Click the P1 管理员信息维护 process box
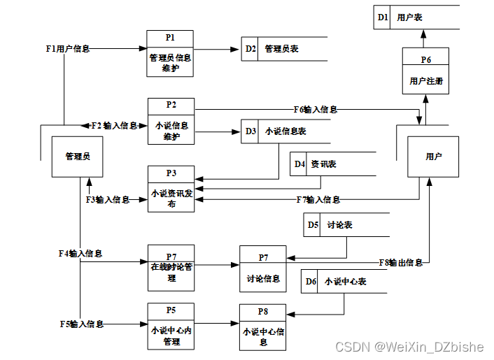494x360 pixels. tap(169, 53)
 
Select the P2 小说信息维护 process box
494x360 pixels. tap(171, 121)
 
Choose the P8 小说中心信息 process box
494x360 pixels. tap(262, 326)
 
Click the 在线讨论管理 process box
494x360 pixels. tap(171, 267)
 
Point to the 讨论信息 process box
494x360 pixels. tap(263, 268)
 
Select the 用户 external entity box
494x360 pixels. tap(433, 157)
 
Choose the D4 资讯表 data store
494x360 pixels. tap(332, 164)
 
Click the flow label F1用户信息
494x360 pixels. tap(67, 49)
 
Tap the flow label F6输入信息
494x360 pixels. tap(315, 109)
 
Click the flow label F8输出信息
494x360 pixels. tap(400, 263)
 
